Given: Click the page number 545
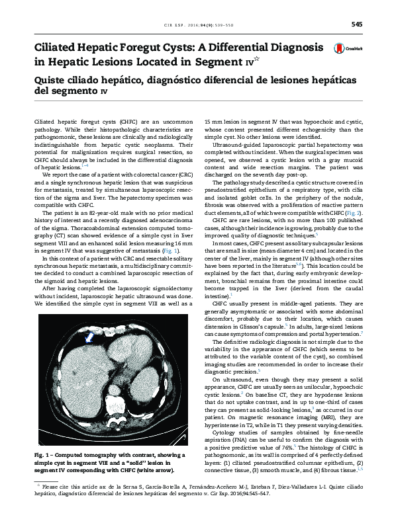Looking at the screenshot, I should [x=357, y=24].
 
